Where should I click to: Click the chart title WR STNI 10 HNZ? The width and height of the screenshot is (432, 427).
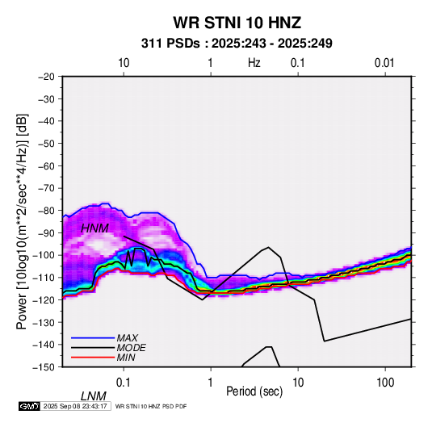(x=237, y=23)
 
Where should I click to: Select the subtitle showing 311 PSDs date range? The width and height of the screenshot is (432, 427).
(x=237, y=44)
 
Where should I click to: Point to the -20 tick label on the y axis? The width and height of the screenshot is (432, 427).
(x=46, y=77)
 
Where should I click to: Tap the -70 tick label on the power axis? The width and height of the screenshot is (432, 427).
(x=46, y=188)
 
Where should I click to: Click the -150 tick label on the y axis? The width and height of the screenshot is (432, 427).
(x=44, y=367)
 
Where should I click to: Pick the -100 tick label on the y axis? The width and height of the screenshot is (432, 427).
(x=44, y=255)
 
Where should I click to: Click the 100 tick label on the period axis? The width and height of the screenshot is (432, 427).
(x=385, y=383)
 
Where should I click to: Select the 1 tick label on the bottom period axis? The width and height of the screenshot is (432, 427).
(x=211, y=383)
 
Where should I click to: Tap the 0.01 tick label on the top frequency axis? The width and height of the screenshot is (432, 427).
(x=384, y=63)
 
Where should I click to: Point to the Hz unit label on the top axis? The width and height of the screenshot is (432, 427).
(x=254, y=63)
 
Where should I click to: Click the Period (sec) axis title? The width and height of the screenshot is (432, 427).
(x=254, y=391)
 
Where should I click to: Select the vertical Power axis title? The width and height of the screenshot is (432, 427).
(x=22, y=221)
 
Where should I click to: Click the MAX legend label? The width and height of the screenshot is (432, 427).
(x=128, y=338)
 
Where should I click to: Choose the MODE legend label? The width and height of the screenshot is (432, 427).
(x=131, y=348)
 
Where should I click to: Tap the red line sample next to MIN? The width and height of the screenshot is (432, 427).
(x=93, y=358)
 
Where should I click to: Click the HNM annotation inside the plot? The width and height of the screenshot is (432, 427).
(x=94, y=228)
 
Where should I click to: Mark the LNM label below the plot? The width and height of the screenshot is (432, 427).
(x=94, y=396)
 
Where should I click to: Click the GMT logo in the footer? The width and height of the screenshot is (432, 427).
(x=29, y=406)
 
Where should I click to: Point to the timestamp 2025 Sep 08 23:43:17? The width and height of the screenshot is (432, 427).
(x=75, y=406)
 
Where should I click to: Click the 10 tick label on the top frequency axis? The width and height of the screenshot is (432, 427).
(x=124, y=63)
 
